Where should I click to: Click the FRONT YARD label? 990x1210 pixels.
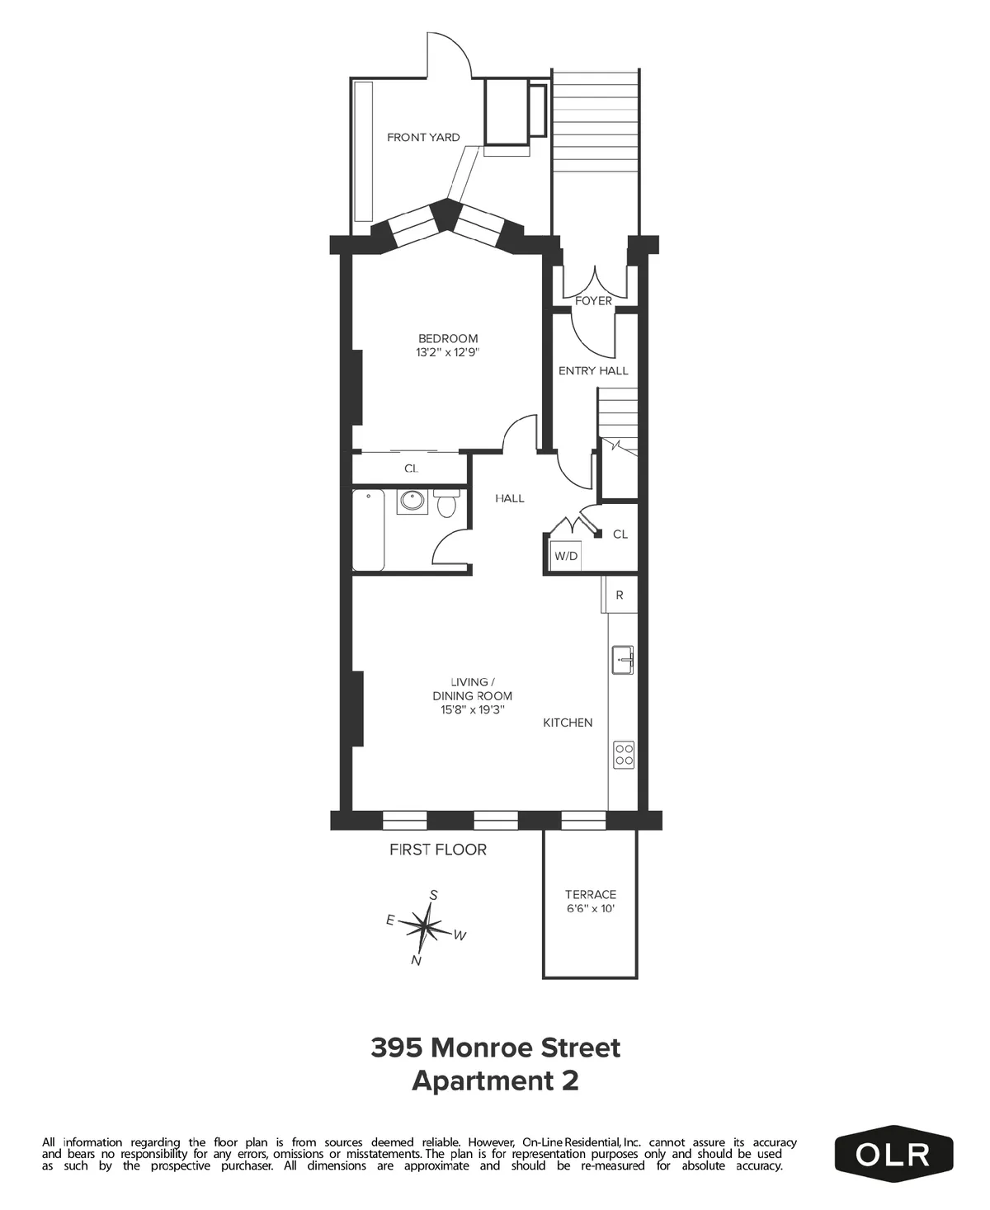click(423, 138)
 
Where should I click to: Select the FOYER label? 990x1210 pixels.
click(593, 301)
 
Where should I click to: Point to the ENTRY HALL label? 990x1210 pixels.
click(593, 371)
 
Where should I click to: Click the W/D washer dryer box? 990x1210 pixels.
click(566, 556)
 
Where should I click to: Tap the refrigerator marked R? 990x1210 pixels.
click(620, 595)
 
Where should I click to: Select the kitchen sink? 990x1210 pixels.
click(623, 660)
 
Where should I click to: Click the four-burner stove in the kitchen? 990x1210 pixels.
click(624, 755)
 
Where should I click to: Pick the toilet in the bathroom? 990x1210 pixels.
click(446, 503)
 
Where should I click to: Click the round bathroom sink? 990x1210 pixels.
click(412, 501)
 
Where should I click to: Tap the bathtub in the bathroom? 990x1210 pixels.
click(368, 530)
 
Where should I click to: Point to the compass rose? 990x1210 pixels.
click(425, 928)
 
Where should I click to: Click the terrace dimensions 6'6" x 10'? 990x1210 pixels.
click(591, 909)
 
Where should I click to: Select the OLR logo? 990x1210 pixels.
click(893, 1154)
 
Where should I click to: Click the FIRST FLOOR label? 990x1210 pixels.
click(438, 850)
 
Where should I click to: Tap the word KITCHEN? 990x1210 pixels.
click(568, 723)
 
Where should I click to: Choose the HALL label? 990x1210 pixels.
click(510, 498)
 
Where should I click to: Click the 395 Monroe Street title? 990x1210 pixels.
click(495, 1048)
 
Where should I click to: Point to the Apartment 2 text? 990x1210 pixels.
click(495, 1081)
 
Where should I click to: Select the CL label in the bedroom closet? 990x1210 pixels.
click(411, 468)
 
